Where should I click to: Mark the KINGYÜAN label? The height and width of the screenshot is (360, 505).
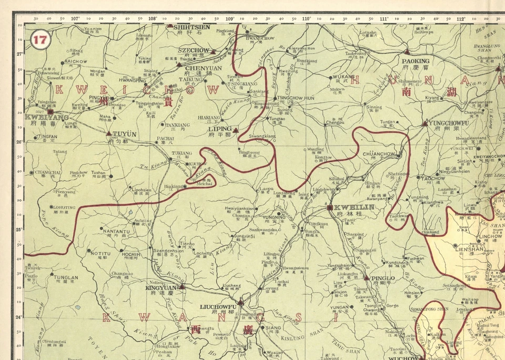click(161, 287)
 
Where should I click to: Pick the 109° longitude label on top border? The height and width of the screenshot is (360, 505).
click(230, 18)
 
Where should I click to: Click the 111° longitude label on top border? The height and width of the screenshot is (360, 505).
click(384, 18)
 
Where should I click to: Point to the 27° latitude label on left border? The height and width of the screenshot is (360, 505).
click(19, 54)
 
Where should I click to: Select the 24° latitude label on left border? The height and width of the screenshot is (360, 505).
click(19, 317)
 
